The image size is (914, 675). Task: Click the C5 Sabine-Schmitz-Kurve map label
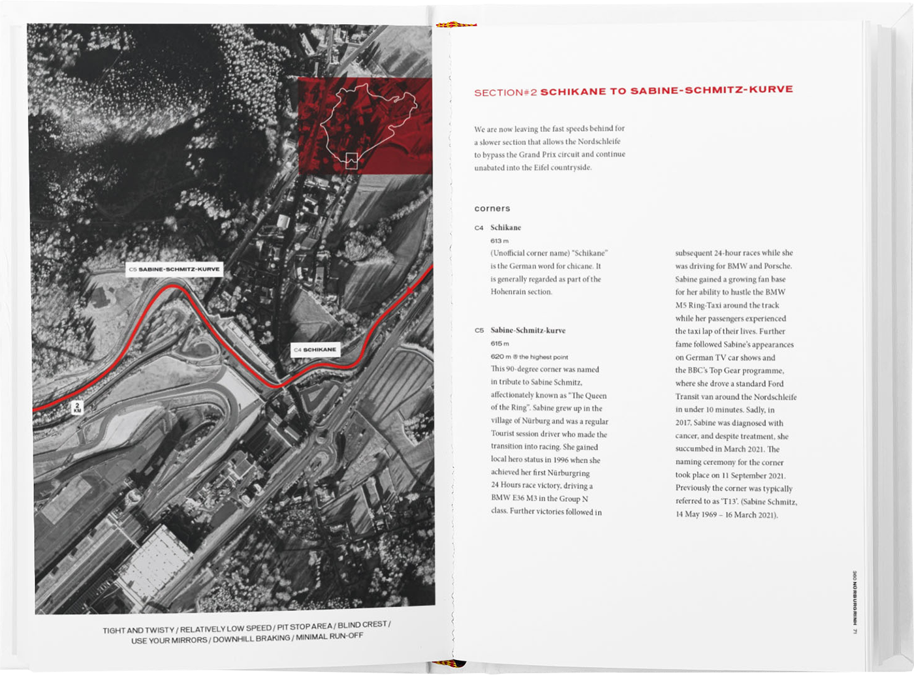pyautogui.click(x=174, y=269)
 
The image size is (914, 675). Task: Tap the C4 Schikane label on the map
pyautogui.click(x=315, y=350)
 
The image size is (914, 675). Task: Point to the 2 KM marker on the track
pyautogui.click(x=77, y=408)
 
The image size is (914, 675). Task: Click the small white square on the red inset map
pyautogui.click(x=351, y=161)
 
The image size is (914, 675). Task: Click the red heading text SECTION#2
pyautogui.click(x=505, y=93)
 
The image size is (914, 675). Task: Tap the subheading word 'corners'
pyautogui.click(x=492, y=209)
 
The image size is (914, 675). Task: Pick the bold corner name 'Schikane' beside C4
pyautogui.click(x=506, y=228)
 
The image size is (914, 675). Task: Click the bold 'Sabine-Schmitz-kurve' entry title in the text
pyautogui.click(x=528, y=330)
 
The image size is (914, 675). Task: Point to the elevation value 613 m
pyautogui.click(x=499, y=241)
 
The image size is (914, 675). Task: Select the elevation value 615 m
pyautogui.click(x=499, y=343)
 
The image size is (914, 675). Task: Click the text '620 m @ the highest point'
pyautogui.click(x=529, y=357)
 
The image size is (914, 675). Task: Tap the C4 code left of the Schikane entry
pyautogui.click(x=479, y=228)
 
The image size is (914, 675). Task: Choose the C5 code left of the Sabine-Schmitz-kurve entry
pyautogui.click(x=479, y=330)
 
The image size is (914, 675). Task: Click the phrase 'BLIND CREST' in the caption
pyautogui.click(x=362, y=625)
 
